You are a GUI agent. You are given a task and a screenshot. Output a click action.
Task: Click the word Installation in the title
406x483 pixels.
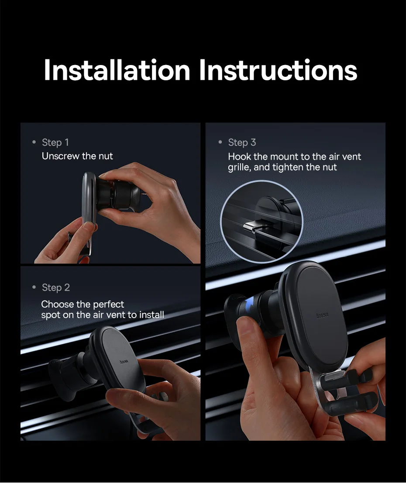(117, 70)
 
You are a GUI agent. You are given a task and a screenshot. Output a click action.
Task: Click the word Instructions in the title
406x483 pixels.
(278, 70)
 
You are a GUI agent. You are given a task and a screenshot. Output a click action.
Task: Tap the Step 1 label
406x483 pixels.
(55, 142)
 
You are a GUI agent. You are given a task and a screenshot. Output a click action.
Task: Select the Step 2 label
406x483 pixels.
(56, 288)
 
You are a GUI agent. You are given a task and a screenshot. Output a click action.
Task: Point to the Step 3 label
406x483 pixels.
(242, 142)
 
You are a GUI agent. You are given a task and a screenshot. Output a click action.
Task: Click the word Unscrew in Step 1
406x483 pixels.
(60, 156)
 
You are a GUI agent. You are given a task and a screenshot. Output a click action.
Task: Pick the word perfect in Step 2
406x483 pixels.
(108, 305)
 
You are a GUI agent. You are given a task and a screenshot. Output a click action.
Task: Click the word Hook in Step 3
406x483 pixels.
(240, 157)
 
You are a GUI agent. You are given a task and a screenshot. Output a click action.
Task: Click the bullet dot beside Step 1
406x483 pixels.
(34, 142)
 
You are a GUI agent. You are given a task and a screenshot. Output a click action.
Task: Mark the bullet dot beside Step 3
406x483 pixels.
(220, 142)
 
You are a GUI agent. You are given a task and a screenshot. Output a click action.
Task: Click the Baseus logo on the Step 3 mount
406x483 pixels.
(323, 315)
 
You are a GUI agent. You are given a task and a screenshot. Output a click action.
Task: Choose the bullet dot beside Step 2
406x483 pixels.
(34, 287)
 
